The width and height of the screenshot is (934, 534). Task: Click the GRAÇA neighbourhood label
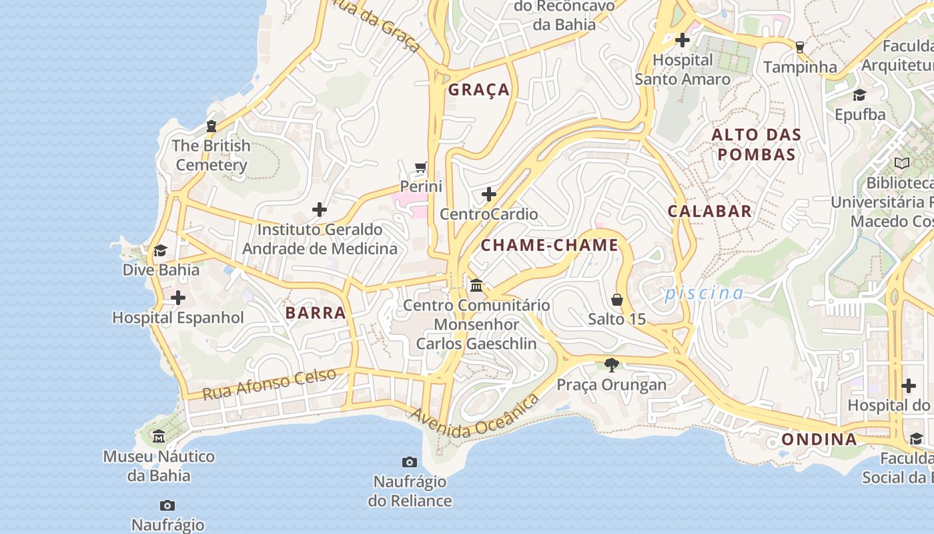pos(478,90)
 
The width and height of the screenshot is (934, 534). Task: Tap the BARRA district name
pos(316,312)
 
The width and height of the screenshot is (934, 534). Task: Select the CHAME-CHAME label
pos(550,245)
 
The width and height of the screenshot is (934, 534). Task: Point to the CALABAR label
pos(710,211)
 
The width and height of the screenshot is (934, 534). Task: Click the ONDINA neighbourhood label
pos(819,439)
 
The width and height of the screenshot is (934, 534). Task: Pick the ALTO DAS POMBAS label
pos(756,145)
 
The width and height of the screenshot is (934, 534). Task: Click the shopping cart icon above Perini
pos(420,167)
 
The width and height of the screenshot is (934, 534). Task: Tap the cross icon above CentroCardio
pos(489,194)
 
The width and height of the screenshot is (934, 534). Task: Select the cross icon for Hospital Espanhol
pos(177,298)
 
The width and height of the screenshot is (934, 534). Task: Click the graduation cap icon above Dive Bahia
pos(160,250)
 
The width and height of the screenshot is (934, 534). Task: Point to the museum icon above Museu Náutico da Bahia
pos(159,437)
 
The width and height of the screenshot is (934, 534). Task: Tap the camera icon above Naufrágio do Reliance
pos(410,462)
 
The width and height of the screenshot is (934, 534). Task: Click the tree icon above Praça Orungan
pos(611,364)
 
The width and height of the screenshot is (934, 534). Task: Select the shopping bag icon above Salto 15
pos(617,299)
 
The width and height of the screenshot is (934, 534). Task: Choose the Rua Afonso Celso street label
pos(269,384)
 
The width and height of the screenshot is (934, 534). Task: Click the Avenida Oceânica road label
pos(474,417)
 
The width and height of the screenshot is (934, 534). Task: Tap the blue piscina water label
pos(704,293)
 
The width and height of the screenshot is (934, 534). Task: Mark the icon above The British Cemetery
pos(211,125)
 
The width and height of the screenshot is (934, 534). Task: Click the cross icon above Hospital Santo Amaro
pos(682,40)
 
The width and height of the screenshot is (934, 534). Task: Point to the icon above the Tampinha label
pos(799,47)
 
